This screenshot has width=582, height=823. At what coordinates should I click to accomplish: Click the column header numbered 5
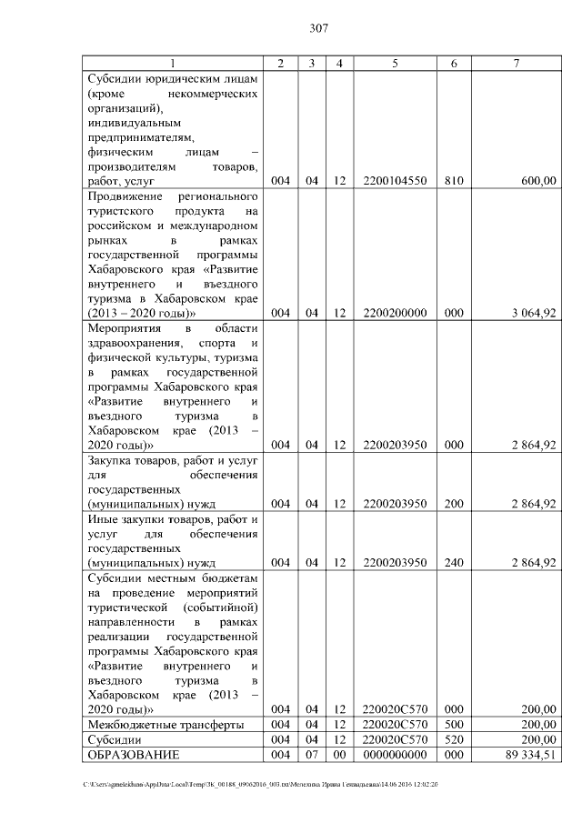pos(395,63)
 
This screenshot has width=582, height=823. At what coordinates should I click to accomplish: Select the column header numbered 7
pos(515,63)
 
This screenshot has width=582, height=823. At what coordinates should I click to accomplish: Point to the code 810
pos(454,182)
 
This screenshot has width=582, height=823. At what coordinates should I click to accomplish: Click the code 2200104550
pos(395,182)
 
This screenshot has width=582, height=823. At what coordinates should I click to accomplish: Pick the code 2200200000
pos(395,314)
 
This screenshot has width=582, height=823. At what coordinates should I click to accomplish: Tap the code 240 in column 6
pos(454,563)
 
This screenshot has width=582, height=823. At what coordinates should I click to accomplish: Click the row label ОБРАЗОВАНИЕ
pos(134,755)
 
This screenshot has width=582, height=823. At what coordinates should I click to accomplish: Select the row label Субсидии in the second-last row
pos(110,740)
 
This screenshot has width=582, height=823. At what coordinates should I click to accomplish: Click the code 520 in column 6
pos(454,740)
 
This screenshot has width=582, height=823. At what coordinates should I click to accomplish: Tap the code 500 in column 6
pos(454,725)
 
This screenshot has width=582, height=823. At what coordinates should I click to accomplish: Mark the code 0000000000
pos(395,755)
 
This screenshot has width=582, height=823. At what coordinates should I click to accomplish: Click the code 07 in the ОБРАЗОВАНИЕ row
pos(311,755)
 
